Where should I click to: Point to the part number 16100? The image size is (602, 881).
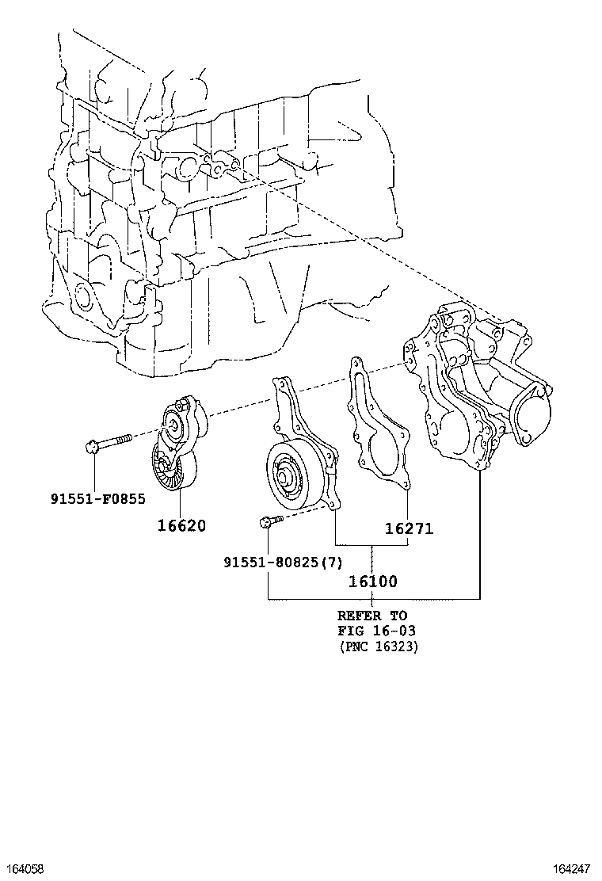pos(372,582)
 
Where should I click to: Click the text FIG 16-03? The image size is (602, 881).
pos(376,631)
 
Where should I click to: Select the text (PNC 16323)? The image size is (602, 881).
pos(378,646)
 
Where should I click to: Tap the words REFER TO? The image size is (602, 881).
pos(371,616)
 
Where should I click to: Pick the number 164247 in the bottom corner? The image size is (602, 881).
pos(575,869)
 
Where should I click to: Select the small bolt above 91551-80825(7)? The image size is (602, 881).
pos(270,521)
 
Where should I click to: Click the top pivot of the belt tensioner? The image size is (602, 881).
pos(185,407)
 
